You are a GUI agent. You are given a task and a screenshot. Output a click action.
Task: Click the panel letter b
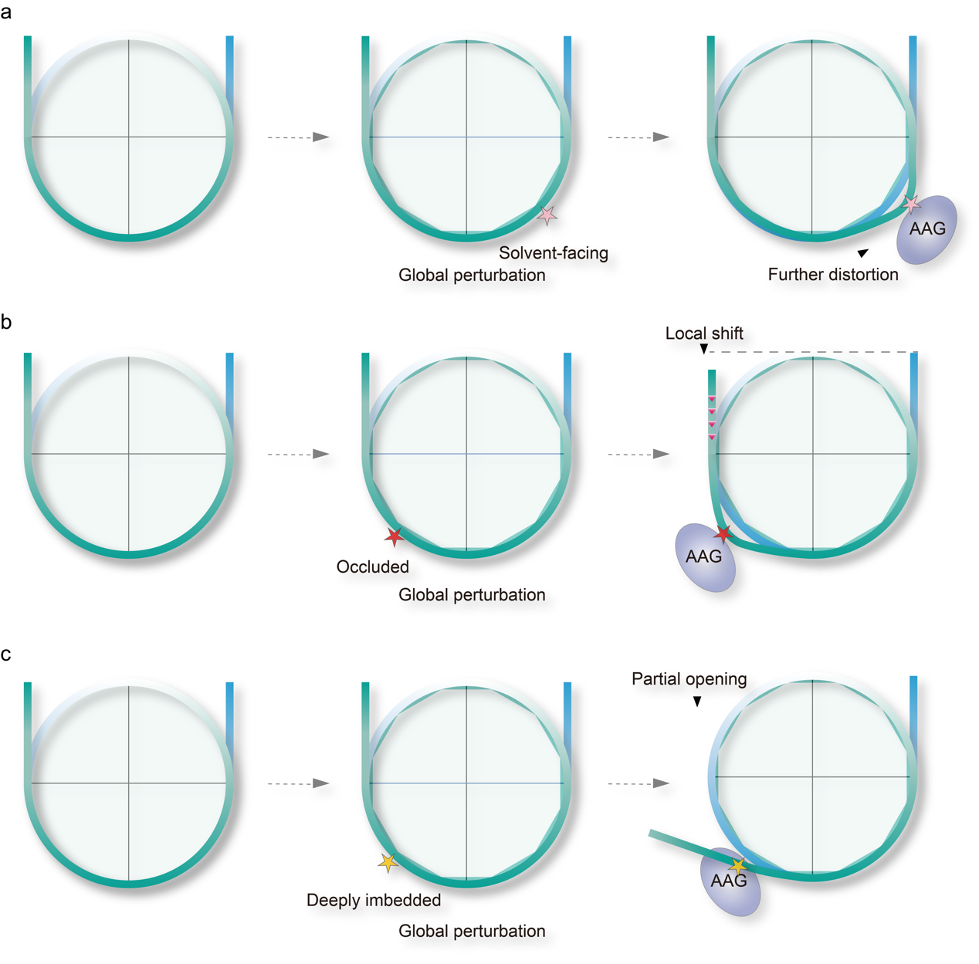(x=6, y=322)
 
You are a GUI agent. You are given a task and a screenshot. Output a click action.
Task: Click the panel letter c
(x=6, y=655)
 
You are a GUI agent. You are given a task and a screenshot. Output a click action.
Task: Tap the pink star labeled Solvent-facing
(x=547, y=215)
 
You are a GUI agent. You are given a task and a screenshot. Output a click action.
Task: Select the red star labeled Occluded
(x=395, y=536)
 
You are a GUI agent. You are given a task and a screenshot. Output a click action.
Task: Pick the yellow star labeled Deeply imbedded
(x=388, y=862)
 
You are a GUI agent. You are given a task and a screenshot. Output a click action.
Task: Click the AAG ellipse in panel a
(x=926, y=229)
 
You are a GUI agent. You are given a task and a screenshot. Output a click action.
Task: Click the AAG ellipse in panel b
(x=705, y=558)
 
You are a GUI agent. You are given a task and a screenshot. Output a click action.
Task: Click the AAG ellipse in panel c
(x=730, y=881)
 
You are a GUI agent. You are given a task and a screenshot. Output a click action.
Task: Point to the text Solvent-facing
(x=554, y=253)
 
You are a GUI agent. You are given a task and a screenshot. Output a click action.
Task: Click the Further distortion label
(x=832, y=275)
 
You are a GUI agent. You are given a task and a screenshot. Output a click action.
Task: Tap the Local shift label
(x=704, y=333)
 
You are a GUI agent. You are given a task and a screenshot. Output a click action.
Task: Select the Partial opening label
(x=689, y=679)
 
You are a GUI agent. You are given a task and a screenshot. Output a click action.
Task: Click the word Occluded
(x=372, y=567)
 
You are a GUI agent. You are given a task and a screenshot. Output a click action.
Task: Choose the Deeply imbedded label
(x=374, y=900)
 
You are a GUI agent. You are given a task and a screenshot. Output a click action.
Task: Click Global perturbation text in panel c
(x=472, y=931)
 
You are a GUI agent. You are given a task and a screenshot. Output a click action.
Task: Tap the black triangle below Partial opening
(x=697, y=702)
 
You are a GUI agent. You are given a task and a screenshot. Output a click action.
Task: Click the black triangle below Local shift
(x=703, y=349)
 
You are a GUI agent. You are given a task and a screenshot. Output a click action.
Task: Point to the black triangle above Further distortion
(x=862, y=252)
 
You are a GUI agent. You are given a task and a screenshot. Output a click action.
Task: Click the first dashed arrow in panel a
(x=299, y=137)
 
